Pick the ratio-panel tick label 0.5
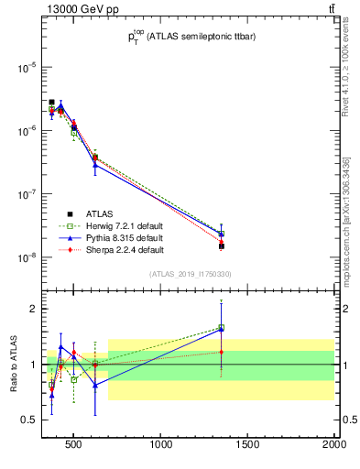click(x=28, y=420)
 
